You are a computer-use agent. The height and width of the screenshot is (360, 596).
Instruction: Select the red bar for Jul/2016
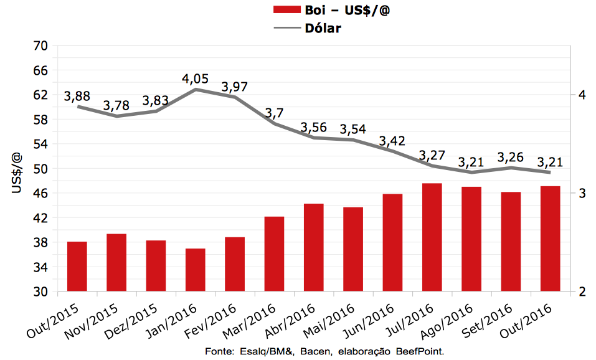tap(432, 237)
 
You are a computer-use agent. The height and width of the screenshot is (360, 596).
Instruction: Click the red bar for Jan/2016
tap(196, 270)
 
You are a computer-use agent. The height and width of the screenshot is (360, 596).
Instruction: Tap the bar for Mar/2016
tap(275, 254)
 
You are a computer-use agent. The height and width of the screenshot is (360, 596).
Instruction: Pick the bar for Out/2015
tap(77, 267)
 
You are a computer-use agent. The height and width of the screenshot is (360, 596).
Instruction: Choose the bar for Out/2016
tap(551, 239)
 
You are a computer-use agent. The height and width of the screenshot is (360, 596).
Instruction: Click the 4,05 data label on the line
tap(196, 79)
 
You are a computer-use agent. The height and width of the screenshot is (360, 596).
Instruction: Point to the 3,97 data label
tap(235, 86)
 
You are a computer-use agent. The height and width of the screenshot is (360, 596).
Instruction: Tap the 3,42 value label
tap(393, 138)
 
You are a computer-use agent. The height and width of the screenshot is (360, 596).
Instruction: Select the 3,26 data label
tap(511, 156)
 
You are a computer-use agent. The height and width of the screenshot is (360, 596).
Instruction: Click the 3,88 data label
tap(77, 96)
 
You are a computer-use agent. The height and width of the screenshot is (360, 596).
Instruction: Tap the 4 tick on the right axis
tap(581, 95)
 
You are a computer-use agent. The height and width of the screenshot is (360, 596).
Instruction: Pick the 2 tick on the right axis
tap(581, 292)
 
